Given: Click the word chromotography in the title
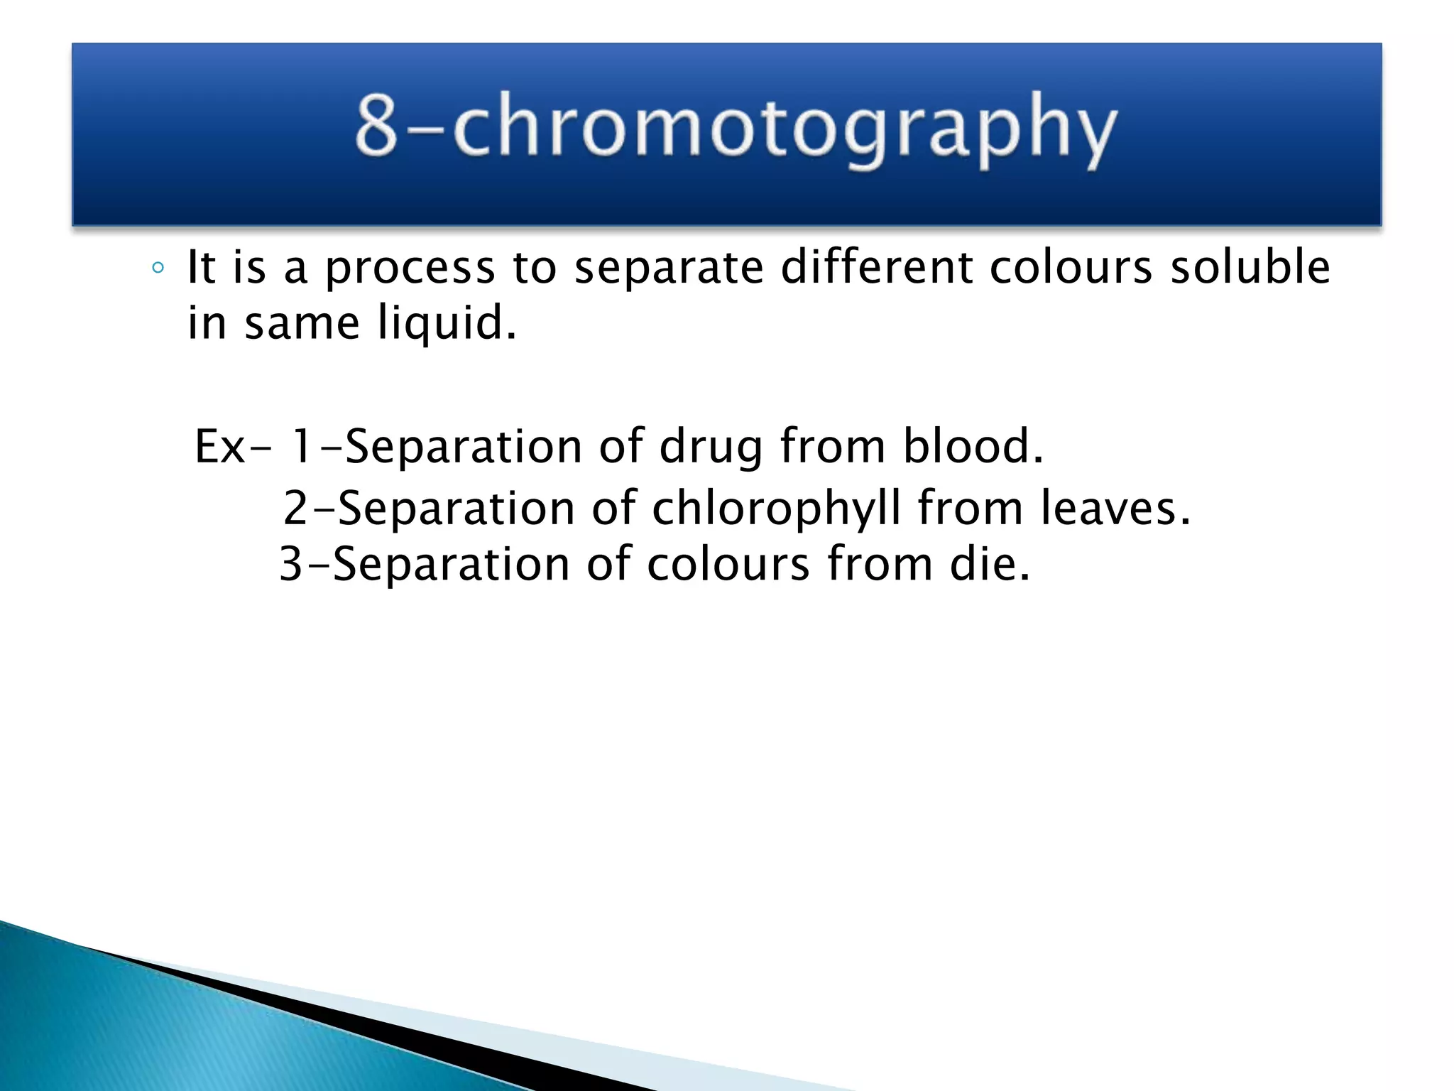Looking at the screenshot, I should (x=785, y=128).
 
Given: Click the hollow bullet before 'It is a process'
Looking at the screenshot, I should (x=158, y=268).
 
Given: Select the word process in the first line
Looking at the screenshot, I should (x=410, y=268).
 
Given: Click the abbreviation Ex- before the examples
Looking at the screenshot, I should (x=231, y=446).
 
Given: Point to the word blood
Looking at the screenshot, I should (x=972, y=446).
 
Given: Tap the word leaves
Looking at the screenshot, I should (x=1114, y=509).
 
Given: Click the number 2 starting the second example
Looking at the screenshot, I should (x=295, y=509).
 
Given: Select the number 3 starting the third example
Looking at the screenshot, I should (x=291, y=564).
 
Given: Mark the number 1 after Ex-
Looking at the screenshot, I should (x=302, y=446).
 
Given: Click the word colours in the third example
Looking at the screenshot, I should (x=727, y=564).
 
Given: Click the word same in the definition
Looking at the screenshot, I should (x=302, y=323).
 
